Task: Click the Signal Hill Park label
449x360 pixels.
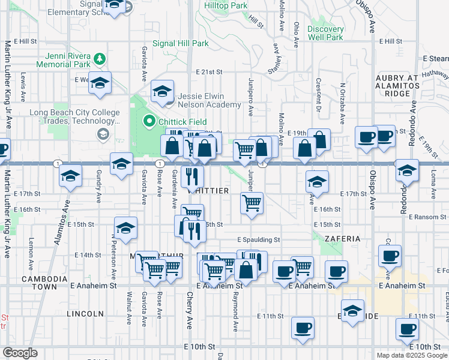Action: tap(180, 43)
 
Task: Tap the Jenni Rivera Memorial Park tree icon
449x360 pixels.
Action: tap(100, 58)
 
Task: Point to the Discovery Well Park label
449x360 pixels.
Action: tap(325, 33)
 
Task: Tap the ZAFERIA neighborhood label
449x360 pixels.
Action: tap(342, 239)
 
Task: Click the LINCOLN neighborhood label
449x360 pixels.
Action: tap(82, 314)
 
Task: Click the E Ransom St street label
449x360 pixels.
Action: tap(428, 217)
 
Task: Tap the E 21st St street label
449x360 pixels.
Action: tap(209, 71)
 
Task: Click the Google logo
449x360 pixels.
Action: tap(20, 353)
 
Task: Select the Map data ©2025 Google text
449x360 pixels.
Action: tap(411, 355)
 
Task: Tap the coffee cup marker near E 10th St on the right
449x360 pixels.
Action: tap(407, 328)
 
